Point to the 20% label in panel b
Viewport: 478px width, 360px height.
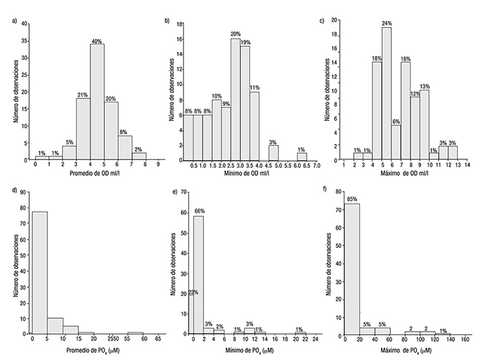(x=235, y=34)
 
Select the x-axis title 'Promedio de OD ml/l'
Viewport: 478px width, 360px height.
(x=97, y=174)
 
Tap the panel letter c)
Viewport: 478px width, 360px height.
(x=322, y=20)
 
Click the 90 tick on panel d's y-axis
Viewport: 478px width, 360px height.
(x=25, y=192)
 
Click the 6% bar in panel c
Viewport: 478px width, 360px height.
(x=396, y=143)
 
